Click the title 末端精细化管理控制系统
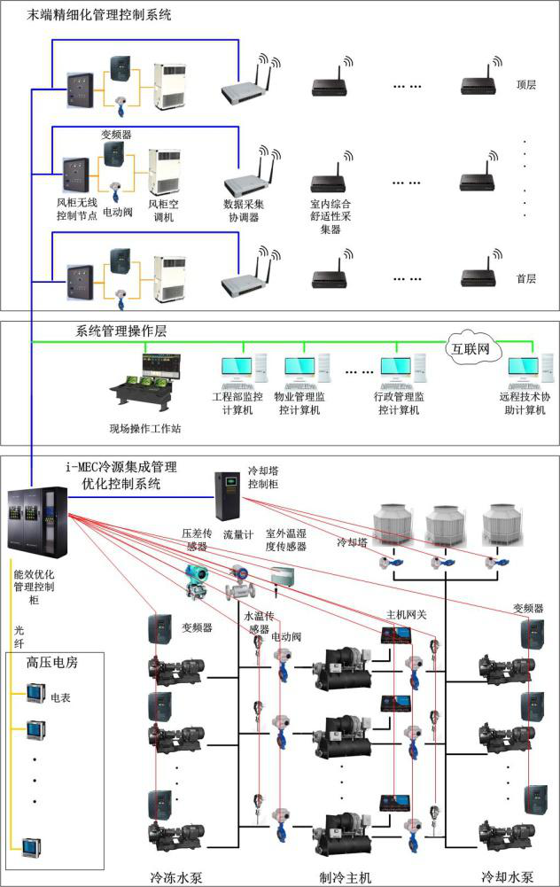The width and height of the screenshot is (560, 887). (99, 15)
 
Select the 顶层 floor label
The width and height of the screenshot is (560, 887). (526, 86)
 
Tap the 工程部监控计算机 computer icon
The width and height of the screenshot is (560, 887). (237, 373)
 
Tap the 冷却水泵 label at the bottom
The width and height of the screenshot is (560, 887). (502, 876)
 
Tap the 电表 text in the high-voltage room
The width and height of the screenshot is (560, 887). (60, 697)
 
